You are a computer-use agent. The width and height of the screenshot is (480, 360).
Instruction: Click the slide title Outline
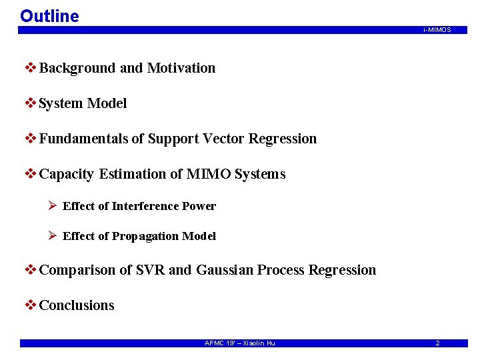49,16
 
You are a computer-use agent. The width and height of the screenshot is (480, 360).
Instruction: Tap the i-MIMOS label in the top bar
437,30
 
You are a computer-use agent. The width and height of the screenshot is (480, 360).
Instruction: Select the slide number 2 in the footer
437,343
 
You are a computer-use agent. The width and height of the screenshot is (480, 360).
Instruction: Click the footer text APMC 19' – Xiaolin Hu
239,343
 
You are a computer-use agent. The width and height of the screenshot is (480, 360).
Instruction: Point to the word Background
78,68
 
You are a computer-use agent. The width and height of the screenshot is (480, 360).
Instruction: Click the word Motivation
181,68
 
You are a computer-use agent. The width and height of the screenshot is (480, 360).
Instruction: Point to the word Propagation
145,236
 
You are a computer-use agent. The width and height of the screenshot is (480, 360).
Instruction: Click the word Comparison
77,270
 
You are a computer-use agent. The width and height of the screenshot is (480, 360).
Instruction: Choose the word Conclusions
77,305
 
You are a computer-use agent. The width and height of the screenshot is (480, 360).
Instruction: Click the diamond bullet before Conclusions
30,305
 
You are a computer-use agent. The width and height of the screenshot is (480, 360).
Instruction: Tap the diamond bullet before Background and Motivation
30,68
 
